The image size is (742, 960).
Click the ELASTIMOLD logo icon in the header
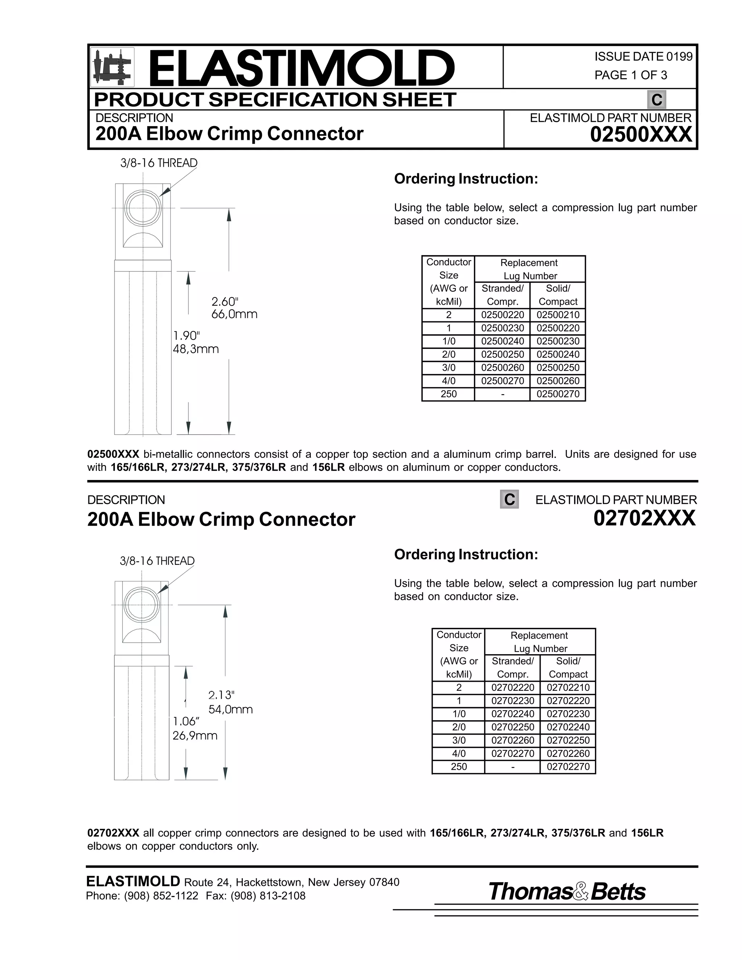pos(112,67)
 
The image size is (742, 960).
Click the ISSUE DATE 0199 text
pos(643,57)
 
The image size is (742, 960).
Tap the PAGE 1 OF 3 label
pos(630,75)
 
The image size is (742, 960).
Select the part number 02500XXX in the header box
pos(641,134)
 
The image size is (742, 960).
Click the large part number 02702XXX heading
pos(645,518)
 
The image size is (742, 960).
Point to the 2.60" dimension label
pos(225,301)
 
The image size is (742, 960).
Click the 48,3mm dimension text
pos(196,349)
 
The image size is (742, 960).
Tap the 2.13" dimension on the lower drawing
pos(221,695)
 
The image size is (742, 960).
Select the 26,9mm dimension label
pos(195,735)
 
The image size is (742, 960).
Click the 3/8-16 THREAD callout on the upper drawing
pos(159,163)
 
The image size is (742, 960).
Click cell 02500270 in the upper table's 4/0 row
pos(503,381)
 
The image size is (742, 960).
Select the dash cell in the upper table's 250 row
pos(503,394)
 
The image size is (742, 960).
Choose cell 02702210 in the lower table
pos(568,688)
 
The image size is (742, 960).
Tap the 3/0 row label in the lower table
pos(458,740)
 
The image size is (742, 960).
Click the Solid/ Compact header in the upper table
pos(558,295)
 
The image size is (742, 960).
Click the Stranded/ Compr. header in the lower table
pos(513,668)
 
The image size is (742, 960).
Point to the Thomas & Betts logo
pos(567,892)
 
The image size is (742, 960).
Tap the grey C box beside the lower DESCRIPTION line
pos(509,499)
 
